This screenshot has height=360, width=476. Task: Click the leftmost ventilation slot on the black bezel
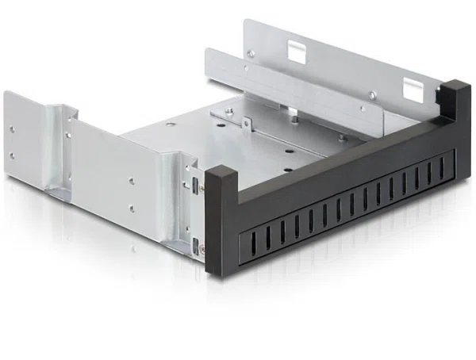click(240, 240)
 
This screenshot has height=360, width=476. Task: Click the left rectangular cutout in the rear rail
click(296, 51)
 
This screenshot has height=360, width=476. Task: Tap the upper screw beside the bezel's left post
click(201, 188)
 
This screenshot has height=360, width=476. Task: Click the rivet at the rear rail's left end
click(251, 54)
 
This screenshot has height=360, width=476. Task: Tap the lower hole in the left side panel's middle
click(131, 209)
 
